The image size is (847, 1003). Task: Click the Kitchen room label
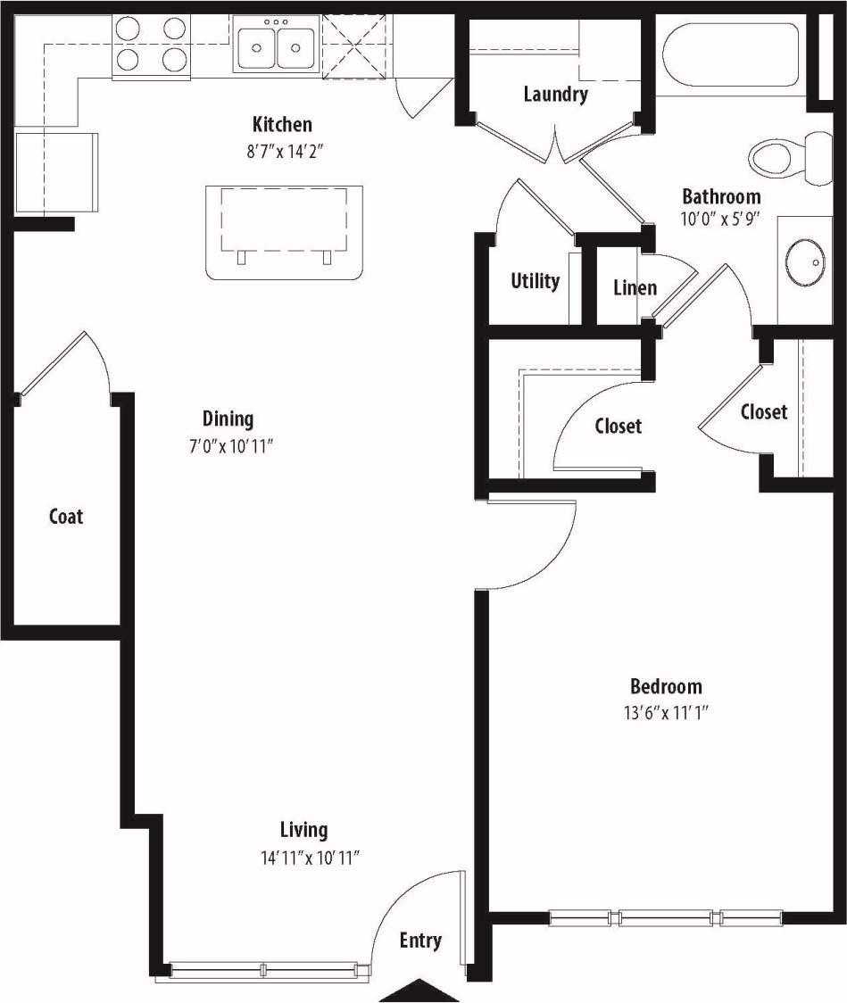[x=282, y=124]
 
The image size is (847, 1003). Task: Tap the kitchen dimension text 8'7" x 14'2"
[x=284, y=151]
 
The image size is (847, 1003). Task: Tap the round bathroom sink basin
[x=806, y=260]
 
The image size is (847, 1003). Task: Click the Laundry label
[x=555, y=94]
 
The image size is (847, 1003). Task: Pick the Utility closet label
[x=535, y=281]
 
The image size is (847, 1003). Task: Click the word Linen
[x=635, y=287]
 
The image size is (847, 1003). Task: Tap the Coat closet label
[x=66, y=516]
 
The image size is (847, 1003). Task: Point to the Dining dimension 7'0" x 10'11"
[x=228, y=445]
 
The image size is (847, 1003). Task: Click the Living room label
[x=303, y=830]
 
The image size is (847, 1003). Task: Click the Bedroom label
[x=666, y=686]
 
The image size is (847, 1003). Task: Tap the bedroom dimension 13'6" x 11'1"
[x=666, y=713]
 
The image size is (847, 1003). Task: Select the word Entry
[x=420, y=941]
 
